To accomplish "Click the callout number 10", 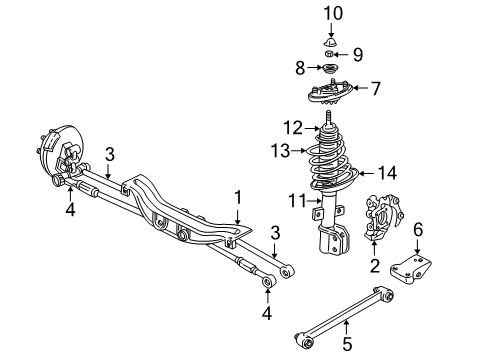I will coord(334,13).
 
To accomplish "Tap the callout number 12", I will coord(291,128).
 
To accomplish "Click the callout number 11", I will coord(295,202).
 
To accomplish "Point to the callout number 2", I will coord(375,266).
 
